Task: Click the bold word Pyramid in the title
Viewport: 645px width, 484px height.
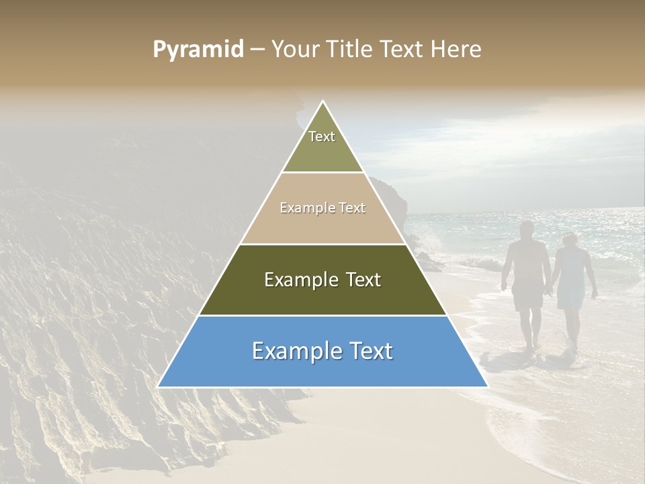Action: click(198, 50)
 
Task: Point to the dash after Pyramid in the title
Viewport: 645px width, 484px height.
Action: click(257, 50)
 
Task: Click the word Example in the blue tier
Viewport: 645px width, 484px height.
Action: click(294, 351)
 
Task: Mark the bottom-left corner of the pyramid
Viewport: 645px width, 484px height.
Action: click(159, 387)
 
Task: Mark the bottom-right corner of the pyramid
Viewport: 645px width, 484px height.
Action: click(487, 387)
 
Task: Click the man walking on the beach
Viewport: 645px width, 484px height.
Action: click(527, 282)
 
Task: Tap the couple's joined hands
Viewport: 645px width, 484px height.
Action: click(550, 291)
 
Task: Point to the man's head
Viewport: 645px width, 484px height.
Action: click(527, 229)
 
